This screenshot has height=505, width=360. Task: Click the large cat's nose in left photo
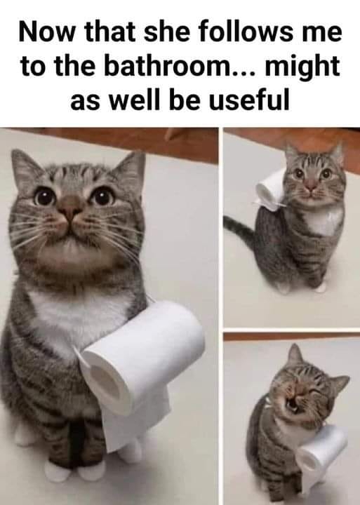[x=71, y=208]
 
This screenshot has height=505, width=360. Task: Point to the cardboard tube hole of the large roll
[x=106, y=382]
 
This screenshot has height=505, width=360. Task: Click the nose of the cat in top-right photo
[x=311, y=184]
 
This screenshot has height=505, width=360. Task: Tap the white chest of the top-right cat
[x=324, y=222]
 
